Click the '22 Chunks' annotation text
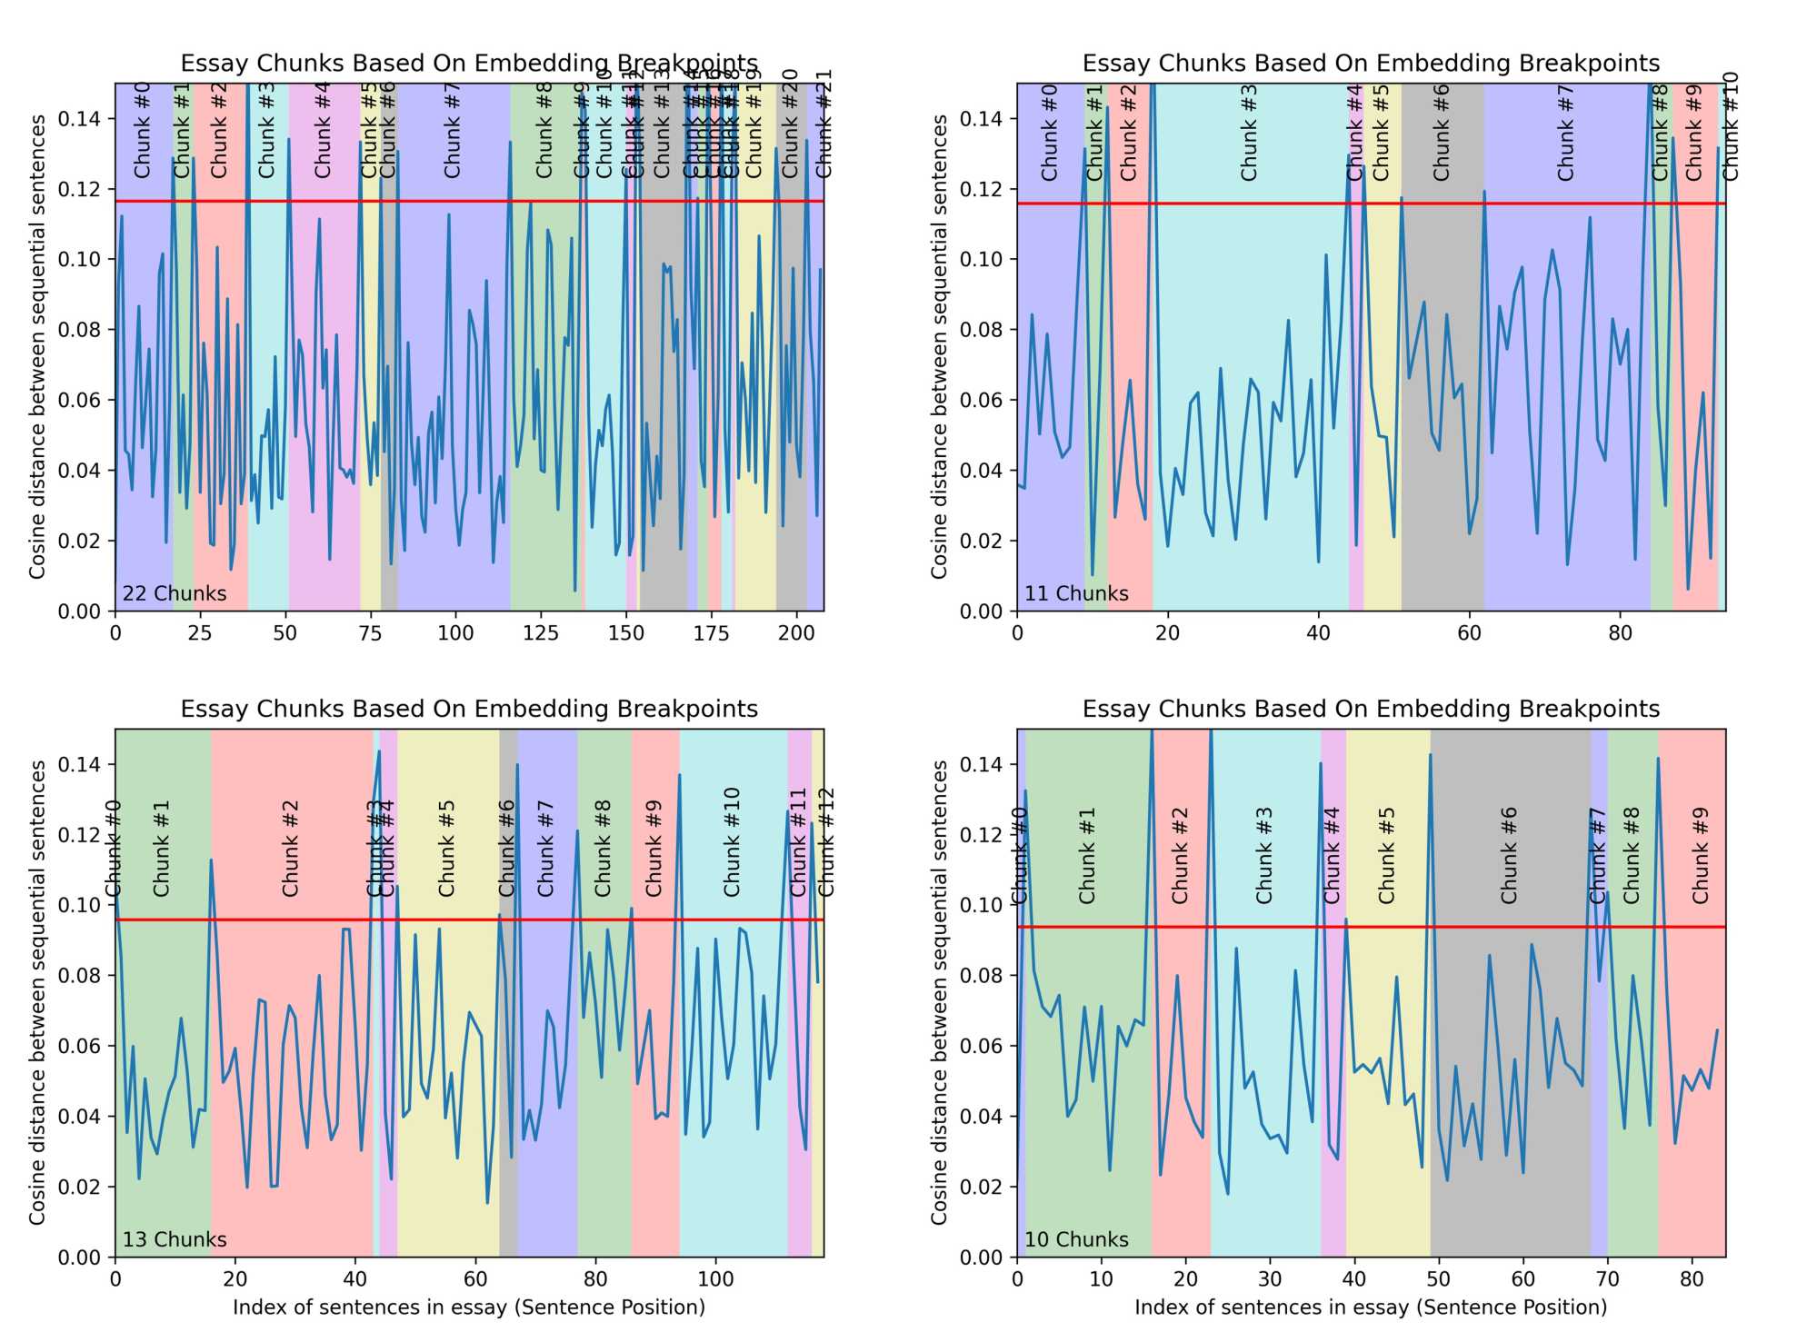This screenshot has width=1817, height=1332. [x=175, y=593]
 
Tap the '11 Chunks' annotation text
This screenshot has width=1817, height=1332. [x=1076, y=593]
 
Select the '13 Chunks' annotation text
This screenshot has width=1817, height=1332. [x=175, y=1239]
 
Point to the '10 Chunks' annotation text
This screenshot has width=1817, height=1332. [x=1076, y=1239]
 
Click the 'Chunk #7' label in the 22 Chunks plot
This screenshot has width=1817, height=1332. [x=453, y=131]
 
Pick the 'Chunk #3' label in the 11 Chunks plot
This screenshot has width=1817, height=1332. [x=1250, y=133]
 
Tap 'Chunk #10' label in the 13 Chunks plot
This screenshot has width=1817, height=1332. [x=733, y=843]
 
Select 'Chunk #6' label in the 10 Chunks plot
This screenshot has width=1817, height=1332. [x=1510, y=856]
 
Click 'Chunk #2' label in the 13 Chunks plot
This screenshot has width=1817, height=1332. [x=291, y=849]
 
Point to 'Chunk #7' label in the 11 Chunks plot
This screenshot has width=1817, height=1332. [x=1565, y=133]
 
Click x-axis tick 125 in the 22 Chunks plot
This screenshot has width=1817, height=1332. [x=541, y=633]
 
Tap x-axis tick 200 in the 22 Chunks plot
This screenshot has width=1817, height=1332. [x=796, y=633]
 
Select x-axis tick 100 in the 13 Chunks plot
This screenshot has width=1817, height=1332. [x=715, y=1279]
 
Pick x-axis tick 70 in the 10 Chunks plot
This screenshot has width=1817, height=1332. [x=1608, y=1279]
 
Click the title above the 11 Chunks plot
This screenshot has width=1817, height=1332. [x=1371, y=64]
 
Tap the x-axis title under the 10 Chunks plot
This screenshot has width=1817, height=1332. [x=1371, y=1307]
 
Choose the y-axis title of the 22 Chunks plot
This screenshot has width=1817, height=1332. [x=37, y=346]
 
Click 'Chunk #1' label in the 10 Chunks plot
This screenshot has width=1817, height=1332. [x=1087, y=856]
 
